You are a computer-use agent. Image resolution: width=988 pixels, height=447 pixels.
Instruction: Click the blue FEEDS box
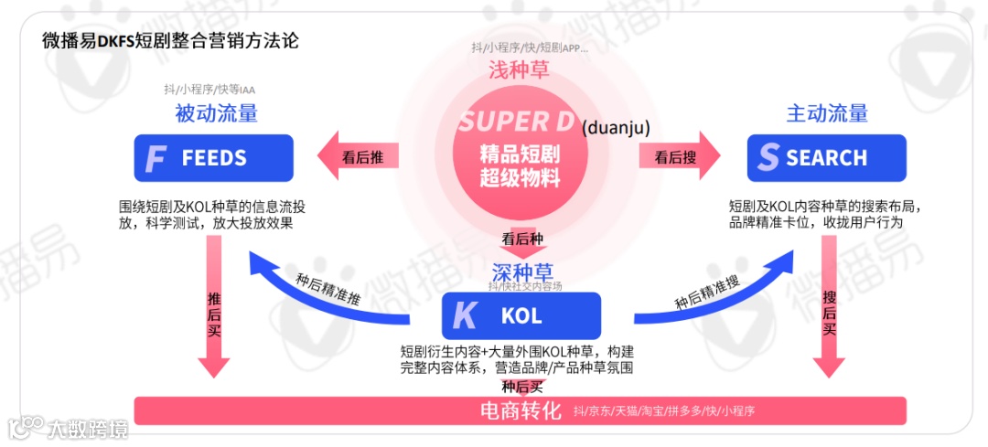(213, 157)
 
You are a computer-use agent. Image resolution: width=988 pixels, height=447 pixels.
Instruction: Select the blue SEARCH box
(826, 157)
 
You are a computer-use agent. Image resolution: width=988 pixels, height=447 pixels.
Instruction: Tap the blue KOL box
(521, 316)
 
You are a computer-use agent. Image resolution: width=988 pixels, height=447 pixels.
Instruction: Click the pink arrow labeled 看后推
(360, 156)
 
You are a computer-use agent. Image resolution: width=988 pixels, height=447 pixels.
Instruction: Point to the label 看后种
(521, 239)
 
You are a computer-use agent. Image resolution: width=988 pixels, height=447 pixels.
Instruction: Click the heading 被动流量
(216, 113)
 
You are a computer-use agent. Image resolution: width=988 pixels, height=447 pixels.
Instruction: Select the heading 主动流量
(827, 113)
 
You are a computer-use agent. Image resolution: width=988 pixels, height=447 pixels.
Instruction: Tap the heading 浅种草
(520, 69)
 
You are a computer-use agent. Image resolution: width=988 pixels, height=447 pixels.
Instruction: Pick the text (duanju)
(616, 127)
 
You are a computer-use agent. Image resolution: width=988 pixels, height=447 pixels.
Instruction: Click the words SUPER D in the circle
(516, 122)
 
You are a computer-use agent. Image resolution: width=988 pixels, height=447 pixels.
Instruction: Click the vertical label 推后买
(215, 314)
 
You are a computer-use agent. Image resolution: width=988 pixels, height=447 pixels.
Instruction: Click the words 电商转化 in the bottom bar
(520, 410)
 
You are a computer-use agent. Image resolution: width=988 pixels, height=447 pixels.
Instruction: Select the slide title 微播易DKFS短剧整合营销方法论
(170, 41)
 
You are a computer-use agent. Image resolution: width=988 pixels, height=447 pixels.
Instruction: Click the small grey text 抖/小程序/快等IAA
(209, 90)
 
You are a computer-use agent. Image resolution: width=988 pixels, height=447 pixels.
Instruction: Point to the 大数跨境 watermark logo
(69, 428)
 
